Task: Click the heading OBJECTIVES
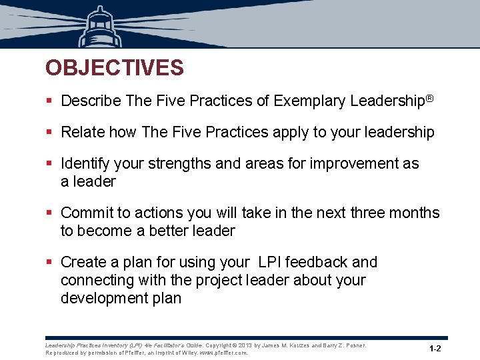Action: (114, 68)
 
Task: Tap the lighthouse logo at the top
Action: (99, 27)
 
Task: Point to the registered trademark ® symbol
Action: (429, 99)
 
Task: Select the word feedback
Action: (315, 263)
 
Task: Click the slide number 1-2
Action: (435, 349)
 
